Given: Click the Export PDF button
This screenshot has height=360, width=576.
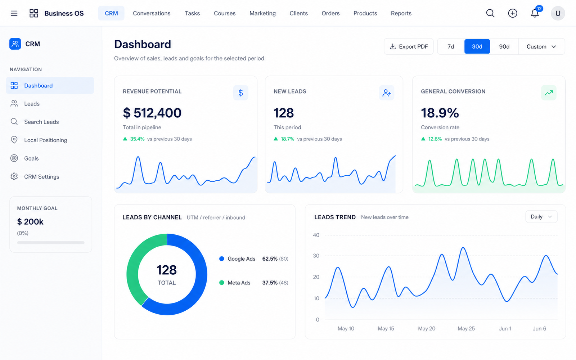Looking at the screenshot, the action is [409, 46].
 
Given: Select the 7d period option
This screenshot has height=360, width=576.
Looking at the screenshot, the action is [450, 46].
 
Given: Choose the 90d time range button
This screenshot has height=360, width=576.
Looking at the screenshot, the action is [504, 46].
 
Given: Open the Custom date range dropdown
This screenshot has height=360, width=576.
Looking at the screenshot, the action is [541, 46].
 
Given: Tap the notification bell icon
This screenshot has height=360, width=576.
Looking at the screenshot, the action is [535, 13].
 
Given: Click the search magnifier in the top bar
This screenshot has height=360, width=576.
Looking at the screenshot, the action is [490, 13].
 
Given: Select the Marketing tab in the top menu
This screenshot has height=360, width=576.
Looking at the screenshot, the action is [262, 13].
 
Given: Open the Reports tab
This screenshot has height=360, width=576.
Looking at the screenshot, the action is [401, 13].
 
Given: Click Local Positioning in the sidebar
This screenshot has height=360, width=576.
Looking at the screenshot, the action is [45, 140].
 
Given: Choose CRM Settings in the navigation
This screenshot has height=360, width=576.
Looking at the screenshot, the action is [42, 176].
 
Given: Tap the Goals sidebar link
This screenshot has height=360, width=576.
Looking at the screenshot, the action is [31, 158].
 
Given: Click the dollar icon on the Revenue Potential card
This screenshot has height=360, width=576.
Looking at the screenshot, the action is [241, 93].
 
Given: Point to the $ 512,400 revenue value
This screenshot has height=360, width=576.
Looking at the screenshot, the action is [152, 113].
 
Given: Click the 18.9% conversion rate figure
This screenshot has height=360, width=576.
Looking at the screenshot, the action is [440, 113].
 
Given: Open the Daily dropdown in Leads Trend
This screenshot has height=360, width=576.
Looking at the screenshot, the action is [541, 217].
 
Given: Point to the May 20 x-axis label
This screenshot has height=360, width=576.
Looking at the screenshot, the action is [427, 328].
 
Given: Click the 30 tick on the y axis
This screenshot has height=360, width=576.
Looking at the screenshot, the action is [316, 256].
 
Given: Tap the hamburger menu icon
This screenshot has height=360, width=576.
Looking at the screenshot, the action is [14, 13].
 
